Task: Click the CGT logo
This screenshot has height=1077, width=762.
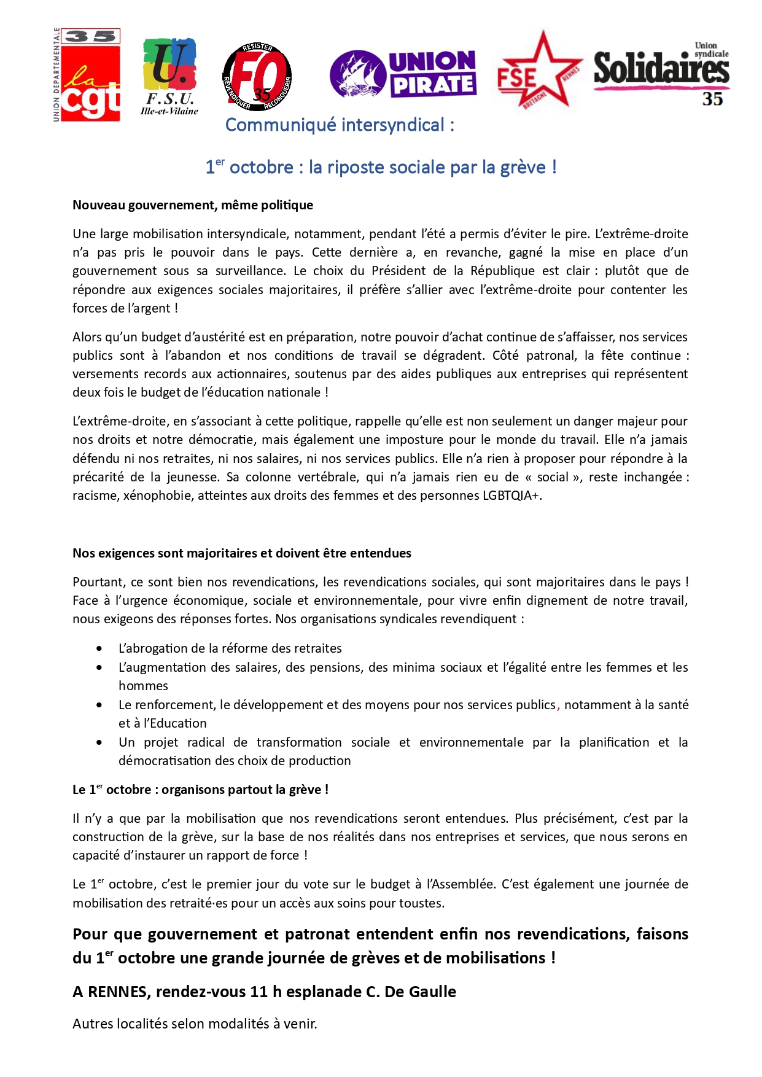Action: pos(87,75)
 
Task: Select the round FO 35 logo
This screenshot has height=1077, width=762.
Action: pos(257,77)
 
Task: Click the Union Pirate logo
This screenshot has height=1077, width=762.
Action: pos(403,74)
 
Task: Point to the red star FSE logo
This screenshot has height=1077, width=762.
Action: pos(538,71)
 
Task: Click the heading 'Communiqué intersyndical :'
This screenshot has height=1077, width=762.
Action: pos(340,125)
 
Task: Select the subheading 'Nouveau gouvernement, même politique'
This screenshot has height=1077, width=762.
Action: pos(193,205)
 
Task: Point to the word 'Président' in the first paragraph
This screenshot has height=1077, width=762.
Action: pos(397,271)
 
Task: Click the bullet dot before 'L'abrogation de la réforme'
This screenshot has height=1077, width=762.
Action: pos(99,648)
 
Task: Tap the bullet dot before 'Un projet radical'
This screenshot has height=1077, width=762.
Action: pos(99,742)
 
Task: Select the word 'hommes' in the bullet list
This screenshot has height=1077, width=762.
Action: pos(143,686)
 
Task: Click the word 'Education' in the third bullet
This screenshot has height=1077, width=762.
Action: pos(178,723)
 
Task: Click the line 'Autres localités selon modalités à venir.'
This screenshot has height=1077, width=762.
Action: pos(195,1024)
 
